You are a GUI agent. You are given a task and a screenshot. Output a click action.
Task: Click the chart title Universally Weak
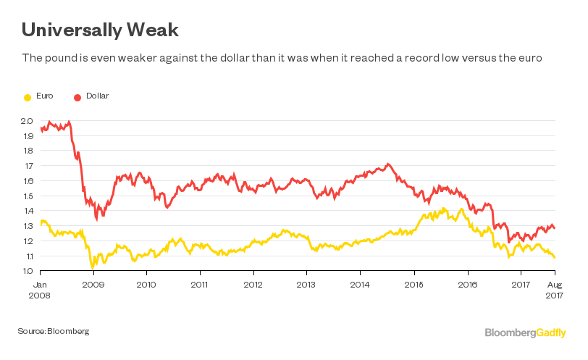point(100,30)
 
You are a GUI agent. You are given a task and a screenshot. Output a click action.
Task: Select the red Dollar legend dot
point(77,96)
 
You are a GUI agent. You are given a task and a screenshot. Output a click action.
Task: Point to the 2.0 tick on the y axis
point(27,121)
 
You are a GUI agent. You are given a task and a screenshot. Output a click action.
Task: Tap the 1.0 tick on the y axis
point(27,271)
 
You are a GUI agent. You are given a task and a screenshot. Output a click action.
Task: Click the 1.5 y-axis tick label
point(27,196)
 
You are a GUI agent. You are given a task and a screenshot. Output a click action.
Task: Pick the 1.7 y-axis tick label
point(27,166)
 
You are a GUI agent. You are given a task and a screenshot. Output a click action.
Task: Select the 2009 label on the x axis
point(93,285)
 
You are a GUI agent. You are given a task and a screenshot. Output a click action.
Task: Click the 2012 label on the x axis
point(253,285)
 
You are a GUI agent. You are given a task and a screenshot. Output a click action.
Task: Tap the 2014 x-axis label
point(361,285)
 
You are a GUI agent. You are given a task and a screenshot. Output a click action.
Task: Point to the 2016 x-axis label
point(468,285)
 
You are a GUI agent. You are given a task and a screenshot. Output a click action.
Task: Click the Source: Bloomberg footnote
point(54,331)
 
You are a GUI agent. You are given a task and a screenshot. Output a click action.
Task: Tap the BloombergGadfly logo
point(525,332)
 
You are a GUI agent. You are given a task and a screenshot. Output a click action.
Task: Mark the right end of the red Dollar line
point(555,228)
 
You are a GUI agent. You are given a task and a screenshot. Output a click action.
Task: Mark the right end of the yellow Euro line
point(555,257)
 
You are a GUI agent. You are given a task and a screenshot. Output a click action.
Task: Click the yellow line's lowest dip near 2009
point(92,267)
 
